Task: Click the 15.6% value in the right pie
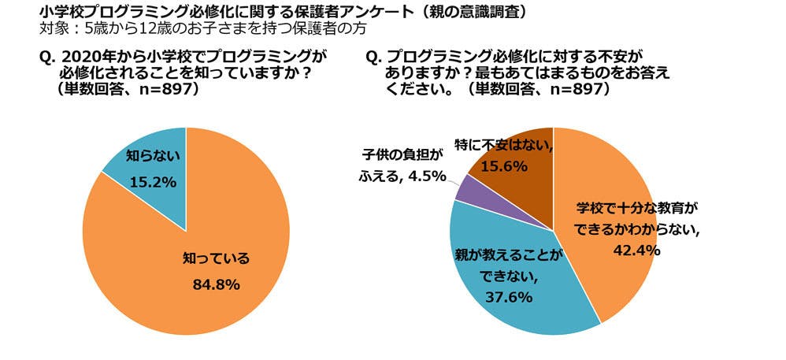[x=504, y=167]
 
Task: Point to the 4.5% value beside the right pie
[x=428, y=176]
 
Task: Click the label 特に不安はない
[x=503, y=147]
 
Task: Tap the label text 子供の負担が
[x=402, y=154]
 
